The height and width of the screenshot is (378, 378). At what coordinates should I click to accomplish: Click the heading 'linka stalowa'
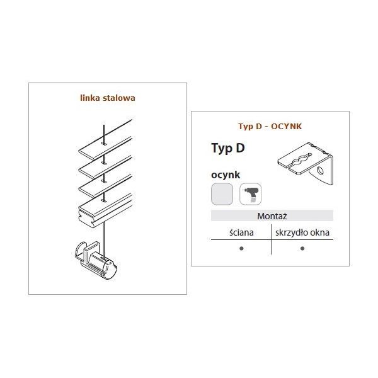108,98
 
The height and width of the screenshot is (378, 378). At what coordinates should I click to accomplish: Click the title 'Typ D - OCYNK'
270,127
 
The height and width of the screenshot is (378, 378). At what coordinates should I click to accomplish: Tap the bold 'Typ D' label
228,148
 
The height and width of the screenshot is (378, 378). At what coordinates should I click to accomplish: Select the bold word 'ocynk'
226,175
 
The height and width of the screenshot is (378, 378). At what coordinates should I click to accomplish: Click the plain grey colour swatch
222,194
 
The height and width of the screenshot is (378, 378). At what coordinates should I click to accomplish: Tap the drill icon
251,194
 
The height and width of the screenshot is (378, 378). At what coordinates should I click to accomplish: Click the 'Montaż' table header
272,215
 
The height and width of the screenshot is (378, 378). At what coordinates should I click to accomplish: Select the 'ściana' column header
241,232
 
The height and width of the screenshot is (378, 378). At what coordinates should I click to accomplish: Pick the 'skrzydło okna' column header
302,232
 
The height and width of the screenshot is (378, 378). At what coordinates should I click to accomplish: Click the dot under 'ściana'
241,248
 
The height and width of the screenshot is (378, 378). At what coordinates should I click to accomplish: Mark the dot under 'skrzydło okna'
302,248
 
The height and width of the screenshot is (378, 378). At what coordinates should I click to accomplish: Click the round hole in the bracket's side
320,171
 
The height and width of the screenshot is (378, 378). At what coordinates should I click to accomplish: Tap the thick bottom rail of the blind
105,210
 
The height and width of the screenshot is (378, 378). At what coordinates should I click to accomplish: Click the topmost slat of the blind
105,139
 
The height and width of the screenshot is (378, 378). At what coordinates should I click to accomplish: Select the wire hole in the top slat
104,144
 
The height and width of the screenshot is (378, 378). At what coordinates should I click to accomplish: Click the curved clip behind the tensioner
81,251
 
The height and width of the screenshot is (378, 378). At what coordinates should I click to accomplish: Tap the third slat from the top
105,186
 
